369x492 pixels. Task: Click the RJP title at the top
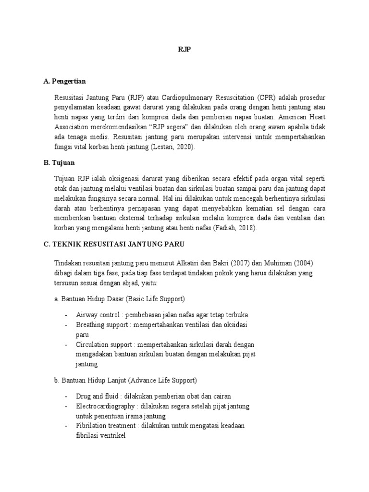pos(184,50)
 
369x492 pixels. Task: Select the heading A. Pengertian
pos(64,81)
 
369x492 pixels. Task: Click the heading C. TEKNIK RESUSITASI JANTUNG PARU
pos(114,245)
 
